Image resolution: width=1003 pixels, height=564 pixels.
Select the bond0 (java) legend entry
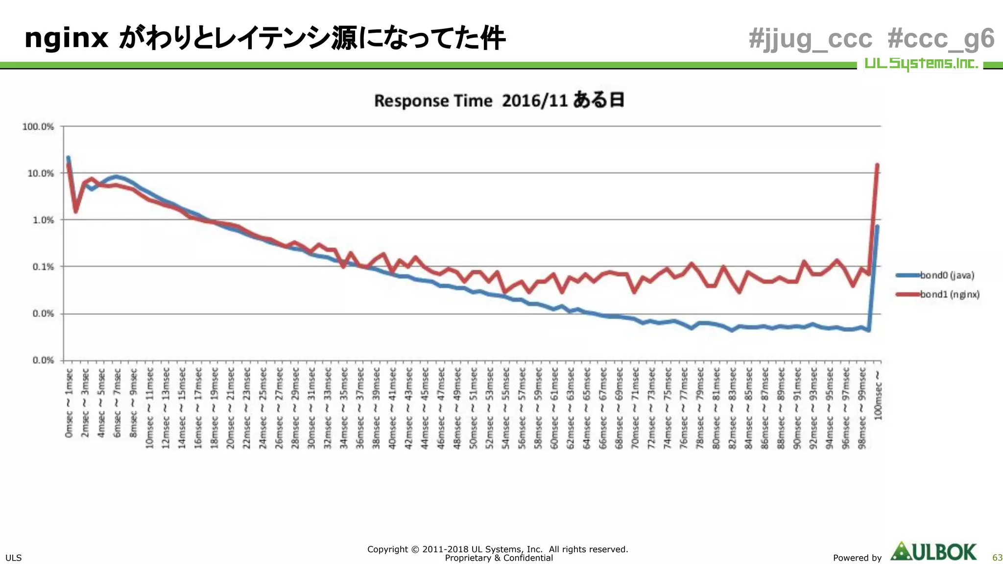(947, 275)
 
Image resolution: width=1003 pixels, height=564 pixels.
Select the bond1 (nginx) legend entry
(949, 294)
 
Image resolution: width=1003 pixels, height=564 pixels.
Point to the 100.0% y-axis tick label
(38, 126)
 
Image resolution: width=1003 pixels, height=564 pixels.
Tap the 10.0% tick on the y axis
(41, 173)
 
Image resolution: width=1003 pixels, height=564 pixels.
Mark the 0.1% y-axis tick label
(43, 267)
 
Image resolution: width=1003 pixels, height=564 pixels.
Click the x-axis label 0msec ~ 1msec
(69, 403)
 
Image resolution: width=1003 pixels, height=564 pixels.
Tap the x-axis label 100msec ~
(878, 395)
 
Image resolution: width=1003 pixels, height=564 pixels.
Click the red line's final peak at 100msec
(877, 165)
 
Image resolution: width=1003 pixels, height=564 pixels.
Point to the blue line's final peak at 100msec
(877, 227)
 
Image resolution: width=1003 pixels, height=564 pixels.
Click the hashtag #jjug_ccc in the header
(811, 39)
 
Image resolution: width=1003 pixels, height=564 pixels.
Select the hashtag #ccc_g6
(941, 39)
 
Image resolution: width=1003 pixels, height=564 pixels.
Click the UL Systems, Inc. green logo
(921, 64)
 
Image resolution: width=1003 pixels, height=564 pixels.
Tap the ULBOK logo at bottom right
(933, 552)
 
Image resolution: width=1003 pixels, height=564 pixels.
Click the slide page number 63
(997, 558)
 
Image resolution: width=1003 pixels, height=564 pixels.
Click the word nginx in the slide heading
(66, 38)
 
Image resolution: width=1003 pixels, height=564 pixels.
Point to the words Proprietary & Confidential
(499, 558)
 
